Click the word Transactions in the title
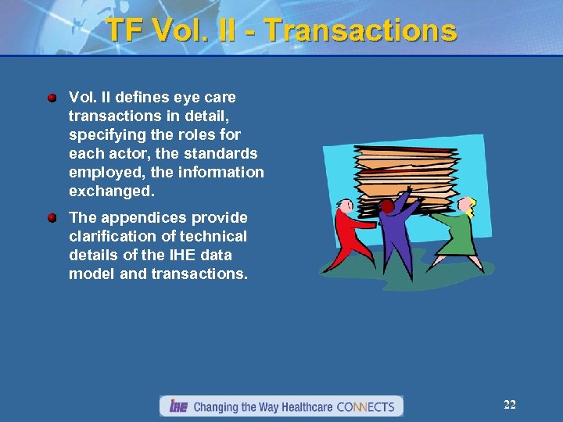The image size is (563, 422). tap(360, 30)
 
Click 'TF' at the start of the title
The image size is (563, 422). tap(125, 30)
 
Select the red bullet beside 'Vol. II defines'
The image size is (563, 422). tap(52, 98)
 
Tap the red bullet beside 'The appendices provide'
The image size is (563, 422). tap(52, 218)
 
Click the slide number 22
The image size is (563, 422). tap(509, 405)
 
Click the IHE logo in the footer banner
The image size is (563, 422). tap(176, 406)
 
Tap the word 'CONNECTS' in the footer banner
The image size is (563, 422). tap(365, 407)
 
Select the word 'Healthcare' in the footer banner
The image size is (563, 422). tap(301, 407)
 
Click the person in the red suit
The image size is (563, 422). tap(347, 234)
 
